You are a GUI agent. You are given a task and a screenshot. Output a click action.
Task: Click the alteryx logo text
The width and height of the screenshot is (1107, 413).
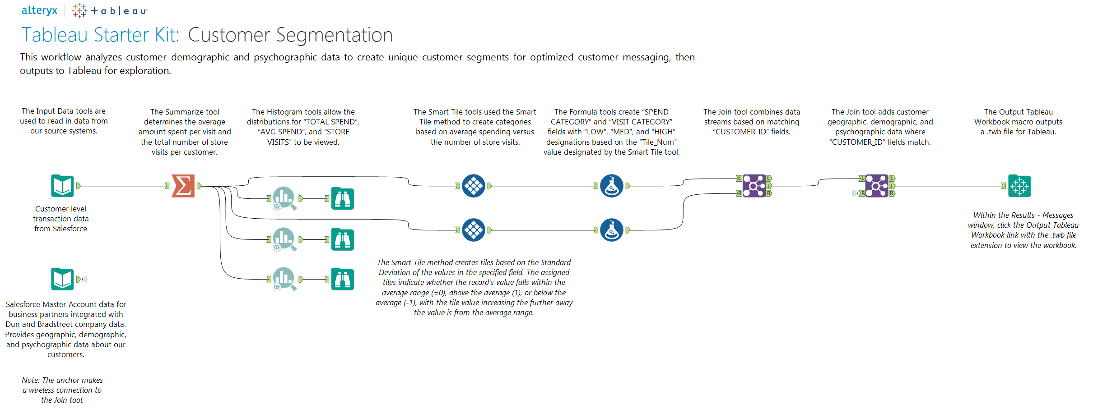pos(39,10)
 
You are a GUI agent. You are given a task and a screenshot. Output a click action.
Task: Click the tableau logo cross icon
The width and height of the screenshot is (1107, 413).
pos(79,10)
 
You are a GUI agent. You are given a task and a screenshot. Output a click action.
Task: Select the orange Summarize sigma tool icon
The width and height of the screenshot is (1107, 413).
pos(183,186)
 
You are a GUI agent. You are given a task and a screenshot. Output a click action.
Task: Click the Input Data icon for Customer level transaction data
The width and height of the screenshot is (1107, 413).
pos(62,186)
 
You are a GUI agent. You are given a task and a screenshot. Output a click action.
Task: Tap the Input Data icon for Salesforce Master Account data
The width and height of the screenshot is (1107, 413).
pos(62,279)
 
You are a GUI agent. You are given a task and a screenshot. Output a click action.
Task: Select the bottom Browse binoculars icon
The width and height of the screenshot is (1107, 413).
pos(342,279)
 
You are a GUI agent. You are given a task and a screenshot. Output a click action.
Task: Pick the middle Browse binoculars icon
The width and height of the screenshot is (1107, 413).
pos(342,239)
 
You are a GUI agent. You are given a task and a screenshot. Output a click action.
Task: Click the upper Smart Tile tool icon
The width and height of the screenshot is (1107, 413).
pos(474,186)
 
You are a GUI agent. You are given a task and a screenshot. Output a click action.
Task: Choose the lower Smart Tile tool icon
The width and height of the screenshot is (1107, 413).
pos(474,230)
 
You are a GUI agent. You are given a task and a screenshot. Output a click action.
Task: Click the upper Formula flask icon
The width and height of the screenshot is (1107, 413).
pos(612,186)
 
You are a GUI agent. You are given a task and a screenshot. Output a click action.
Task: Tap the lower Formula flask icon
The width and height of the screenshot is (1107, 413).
pos(612,230)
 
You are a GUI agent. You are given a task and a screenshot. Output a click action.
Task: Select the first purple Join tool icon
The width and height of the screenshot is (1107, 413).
pos(754,186)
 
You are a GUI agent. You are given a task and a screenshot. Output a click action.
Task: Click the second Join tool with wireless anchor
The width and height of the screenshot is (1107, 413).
pos(876,186)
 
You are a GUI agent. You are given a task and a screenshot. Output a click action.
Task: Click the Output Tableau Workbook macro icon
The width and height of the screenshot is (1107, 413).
pos(1019,186)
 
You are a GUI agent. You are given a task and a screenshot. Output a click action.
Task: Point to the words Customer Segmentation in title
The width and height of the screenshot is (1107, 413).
pos(290,35)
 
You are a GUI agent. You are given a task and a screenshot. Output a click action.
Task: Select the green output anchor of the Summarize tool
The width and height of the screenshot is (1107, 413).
pos(199,186)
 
